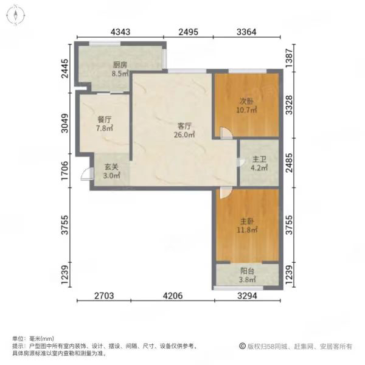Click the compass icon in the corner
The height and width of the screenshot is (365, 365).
click(16, 15)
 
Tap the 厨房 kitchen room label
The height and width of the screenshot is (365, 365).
click(120, 64)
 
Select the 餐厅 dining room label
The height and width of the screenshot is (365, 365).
click(105, 120)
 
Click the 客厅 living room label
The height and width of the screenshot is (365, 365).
click(184, 126)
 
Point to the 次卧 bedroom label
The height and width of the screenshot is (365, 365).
click(246, 101)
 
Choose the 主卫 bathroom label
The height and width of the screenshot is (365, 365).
click(259, 159)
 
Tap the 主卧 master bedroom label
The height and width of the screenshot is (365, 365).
click(247, 221)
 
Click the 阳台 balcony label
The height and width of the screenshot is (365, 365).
click(247, 271)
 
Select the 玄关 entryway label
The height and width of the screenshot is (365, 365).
click(111, 167)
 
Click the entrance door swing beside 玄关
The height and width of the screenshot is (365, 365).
click(86, 174)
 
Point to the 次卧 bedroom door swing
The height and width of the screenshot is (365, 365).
click(226, 133)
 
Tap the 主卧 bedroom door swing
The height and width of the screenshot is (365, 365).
click(225, 193)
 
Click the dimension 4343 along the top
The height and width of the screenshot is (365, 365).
click(120, 32)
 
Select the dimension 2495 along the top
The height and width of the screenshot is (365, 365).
click(189, 32)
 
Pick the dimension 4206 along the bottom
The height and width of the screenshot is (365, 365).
click(173, 296)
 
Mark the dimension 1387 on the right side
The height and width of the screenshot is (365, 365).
click(289, 58)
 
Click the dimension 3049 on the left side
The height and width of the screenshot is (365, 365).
click(64, 123)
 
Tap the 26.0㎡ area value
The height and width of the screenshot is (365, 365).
click(184, 134)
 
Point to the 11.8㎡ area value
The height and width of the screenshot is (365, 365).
click(247, 230)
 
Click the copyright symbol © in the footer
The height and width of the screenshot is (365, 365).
click(242, 346)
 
